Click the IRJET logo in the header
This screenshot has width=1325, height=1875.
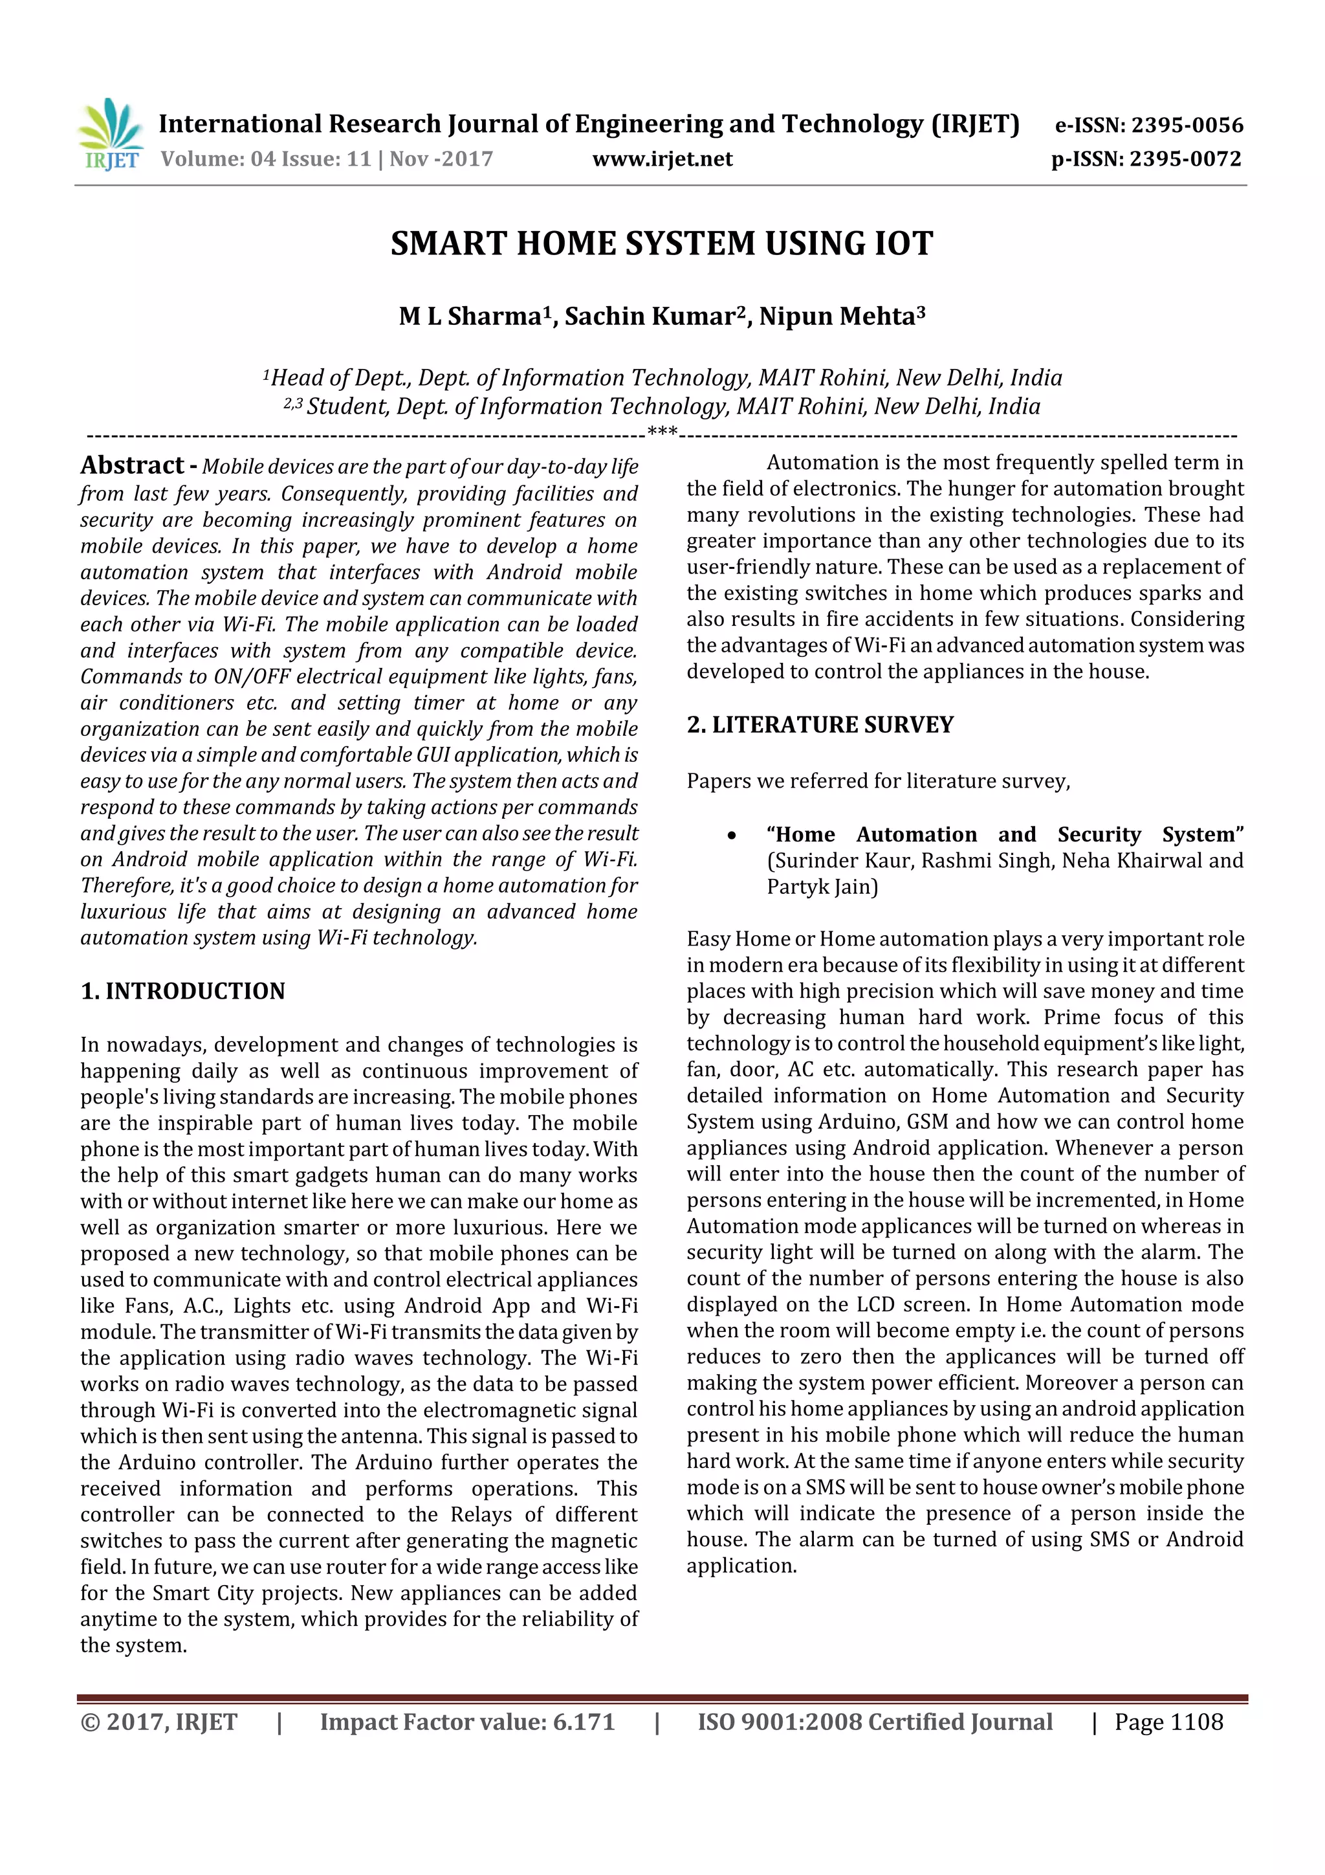(110, 135)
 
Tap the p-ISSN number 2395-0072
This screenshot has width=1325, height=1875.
(1185, 159)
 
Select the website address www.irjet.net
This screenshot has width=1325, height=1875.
(662, 159)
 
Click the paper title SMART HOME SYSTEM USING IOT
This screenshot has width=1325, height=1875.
(661, 244)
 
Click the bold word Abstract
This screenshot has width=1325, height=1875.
(132, 465)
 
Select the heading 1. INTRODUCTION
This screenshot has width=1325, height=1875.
(183, 992)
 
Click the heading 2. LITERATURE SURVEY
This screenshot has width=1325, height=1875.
(820, 725)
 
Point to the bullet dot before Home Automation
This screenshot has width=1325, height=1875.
(732, 836)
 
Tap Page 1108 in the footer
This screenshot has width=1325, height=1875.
(1168, 1722)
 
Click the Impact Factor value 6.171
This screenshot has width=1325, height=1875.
(583, 1722)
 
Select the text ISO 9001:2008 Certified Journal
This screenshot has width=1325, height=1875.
(874, 1722)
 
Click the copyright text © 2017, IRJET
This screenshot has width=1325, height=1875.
(159, 1722)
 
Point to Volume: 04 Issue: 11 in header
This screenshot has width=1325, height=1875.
(266, 159)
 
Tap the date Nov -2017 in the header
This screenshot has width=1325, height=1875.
(441, 159)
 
